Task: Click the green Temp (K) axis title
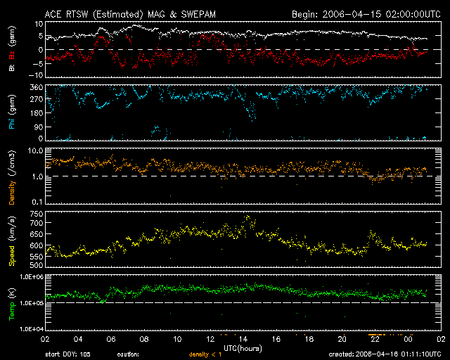click(x=11, y=302)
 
